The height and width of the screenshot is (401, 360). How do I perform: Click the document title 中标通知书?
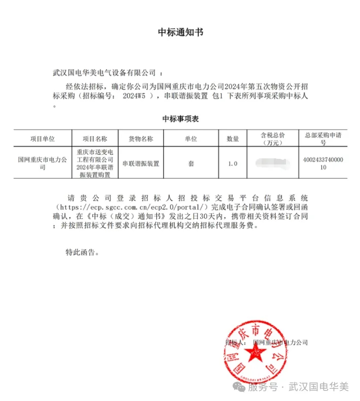pyautogui.click(x=180, y=32)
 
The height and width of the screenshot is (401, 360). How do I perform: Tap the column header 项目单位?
pyautogui.click(x=43, y=139)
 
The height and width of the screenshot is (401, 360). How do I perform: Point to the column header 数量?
pyautogui.click(x=233, y=139)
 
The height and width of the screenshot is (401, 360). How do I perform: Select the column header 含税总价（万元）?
pyautogui.click(x=273, y=139)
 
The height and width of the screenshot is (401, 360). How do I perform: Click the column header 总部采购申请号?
pyautogui.click(x=322, y=139)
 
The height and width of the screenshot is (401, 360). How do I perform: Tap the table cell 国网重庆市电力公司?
pyautogui.click(x=43, y=163)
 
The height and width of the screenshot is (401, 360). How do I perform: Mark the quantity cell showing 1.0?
pyautogui.click(x=233, y=163)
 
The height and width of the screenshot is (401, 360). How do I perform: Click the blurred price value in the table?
pyautogui.click(x=273, y=163)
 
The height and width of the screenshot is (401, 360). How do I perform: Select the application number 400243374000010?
pyautogui.click(x=322, y=163)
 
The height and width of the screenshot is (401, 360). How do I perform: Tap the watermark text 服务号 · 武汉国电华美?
pyautogui.click(x=298, y=387)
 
